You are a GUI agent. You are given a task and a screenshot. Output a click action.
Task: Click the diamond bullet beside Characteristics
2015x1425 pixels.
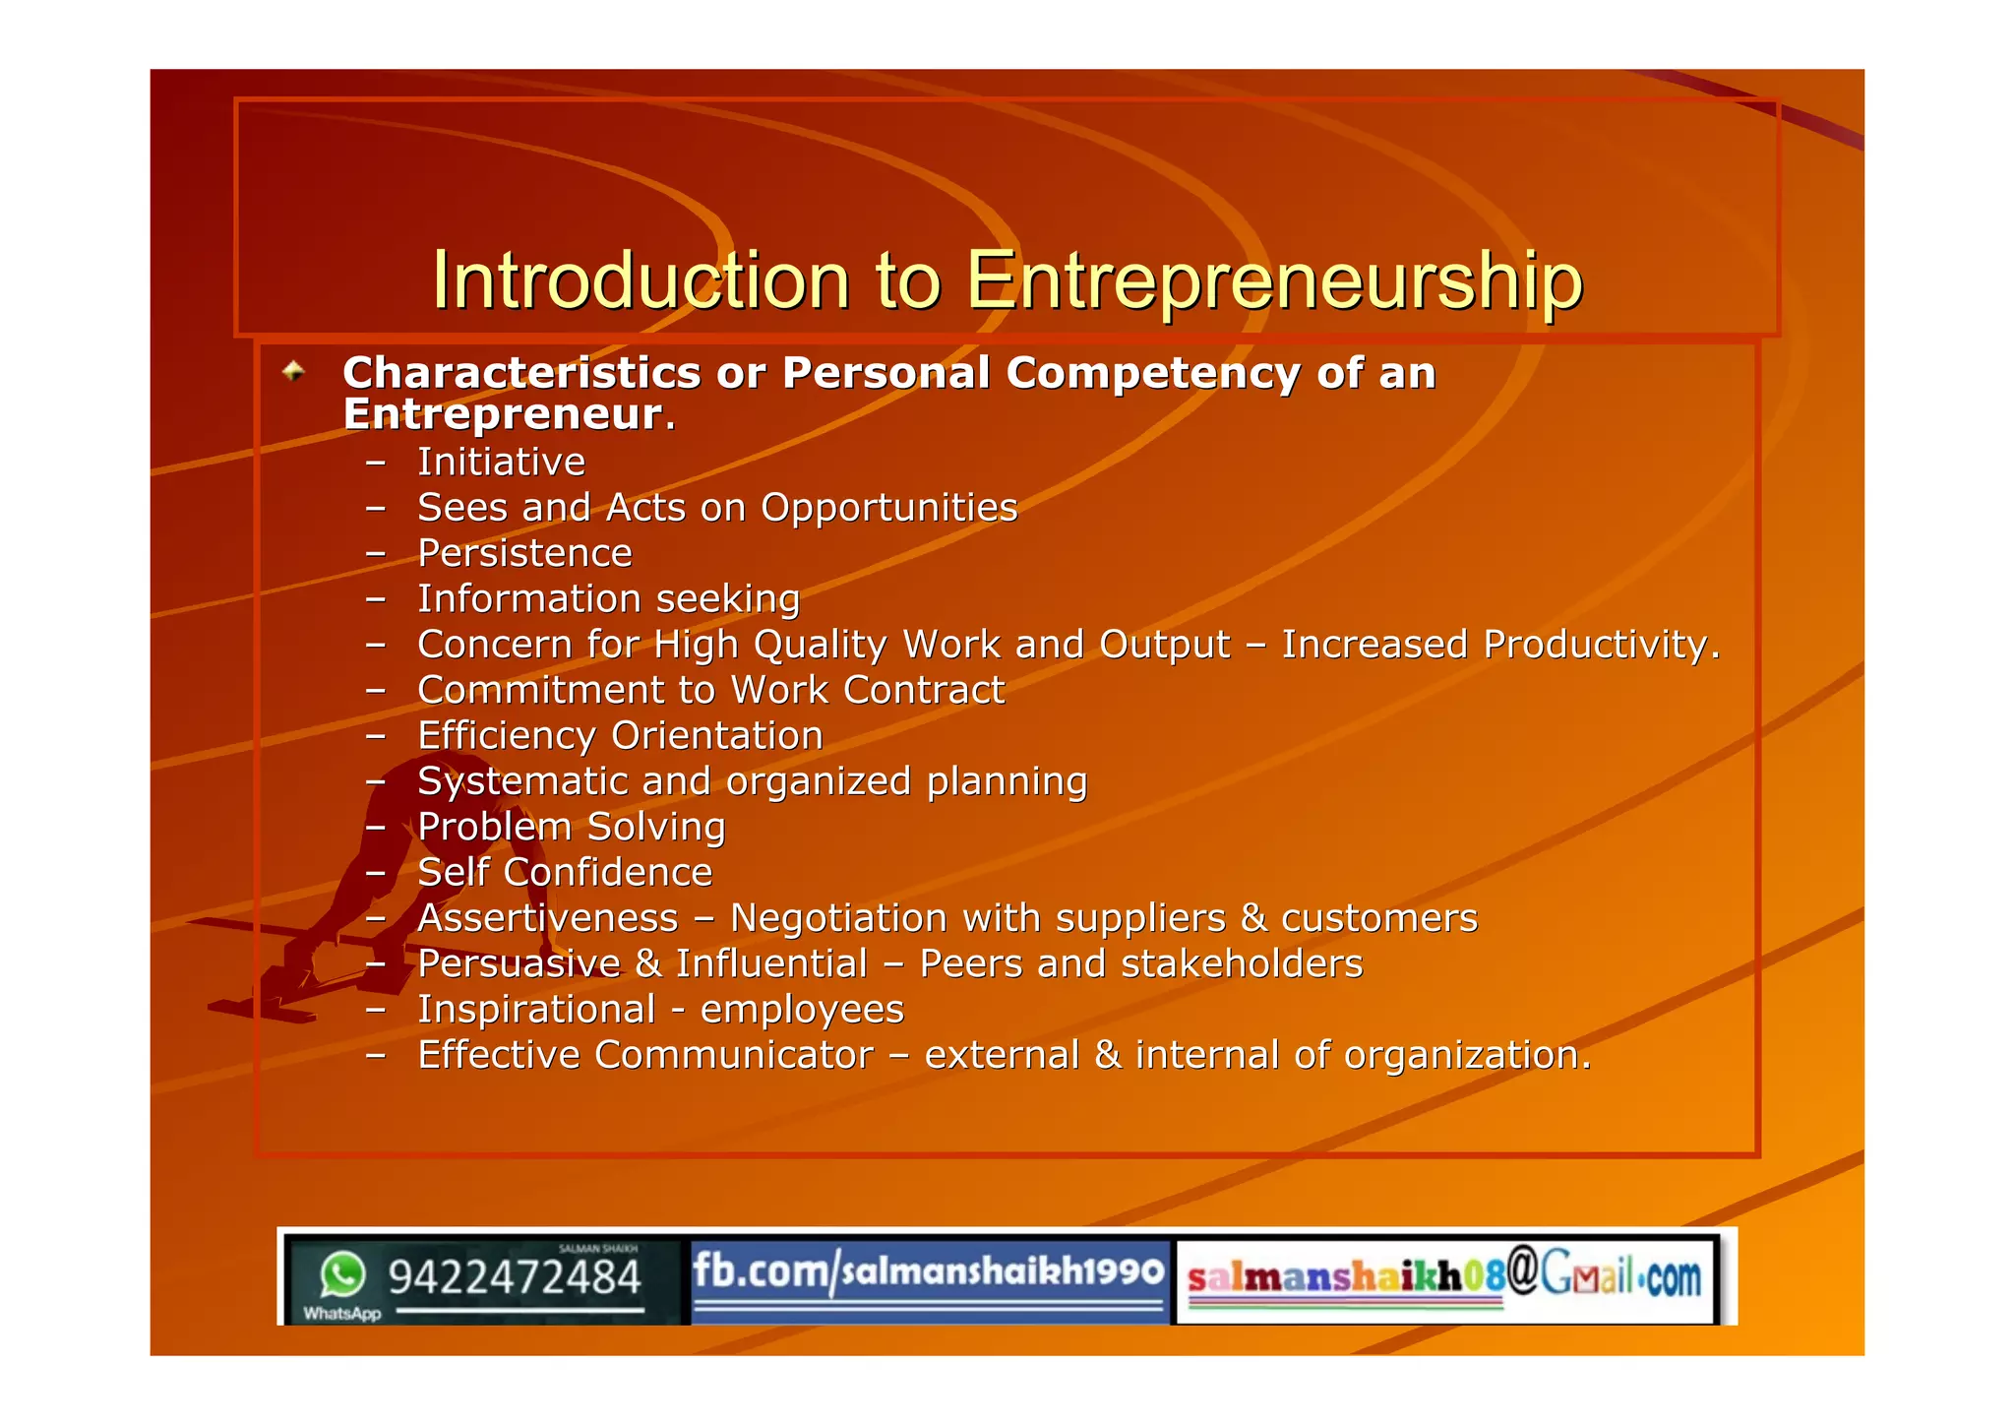click(293, 372)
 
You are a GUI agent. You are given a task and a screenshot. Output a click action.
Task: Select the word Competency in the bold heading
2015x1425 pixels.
click(1152, 374)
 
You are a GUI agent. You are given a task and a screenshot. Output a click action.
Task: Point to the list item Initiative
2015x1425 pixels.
click(501, 463)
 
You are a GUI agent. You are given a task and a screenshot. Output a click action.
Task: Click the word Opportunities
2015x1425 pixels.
click(889, 508)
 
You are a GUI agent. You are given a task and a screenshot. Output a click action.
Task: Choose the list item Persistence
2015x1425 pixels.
click(524, 553)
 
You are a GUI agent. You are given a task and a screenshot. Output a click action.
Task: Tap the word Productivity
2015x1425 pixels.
click(1601, 645)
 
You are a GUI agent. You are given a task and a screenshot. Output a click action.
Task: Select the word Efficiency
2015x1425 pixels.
click(507, 736)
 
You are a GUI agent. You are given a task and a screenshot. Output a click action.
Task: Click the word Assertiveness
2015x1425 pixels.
click(548, 918)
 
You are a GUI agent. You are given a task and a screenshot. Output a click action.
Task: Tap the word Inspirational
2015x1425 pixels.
click(536, 1010)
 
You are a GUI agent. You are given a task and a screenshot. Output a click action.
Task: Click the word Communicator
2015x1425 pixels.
click(734, 1055)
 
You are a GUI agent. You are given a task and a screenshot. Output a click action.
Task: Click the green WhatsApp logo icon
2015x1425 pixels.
click(342, 1275)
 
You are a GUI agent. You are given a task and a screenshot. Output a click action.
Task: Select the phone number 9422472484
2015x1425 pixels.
click(514, 1278)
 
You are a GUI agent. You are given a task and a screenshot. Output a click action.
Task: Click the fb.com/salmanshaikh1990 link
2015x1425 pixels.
click(928, 1272)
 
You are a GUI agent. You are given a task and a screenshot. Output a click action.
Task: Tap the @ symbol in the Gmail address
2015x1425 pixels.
click(1521, 1270)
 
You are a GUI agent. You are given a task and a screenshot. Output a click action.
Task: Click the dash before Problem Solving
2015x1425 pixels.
click(375, 828)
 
